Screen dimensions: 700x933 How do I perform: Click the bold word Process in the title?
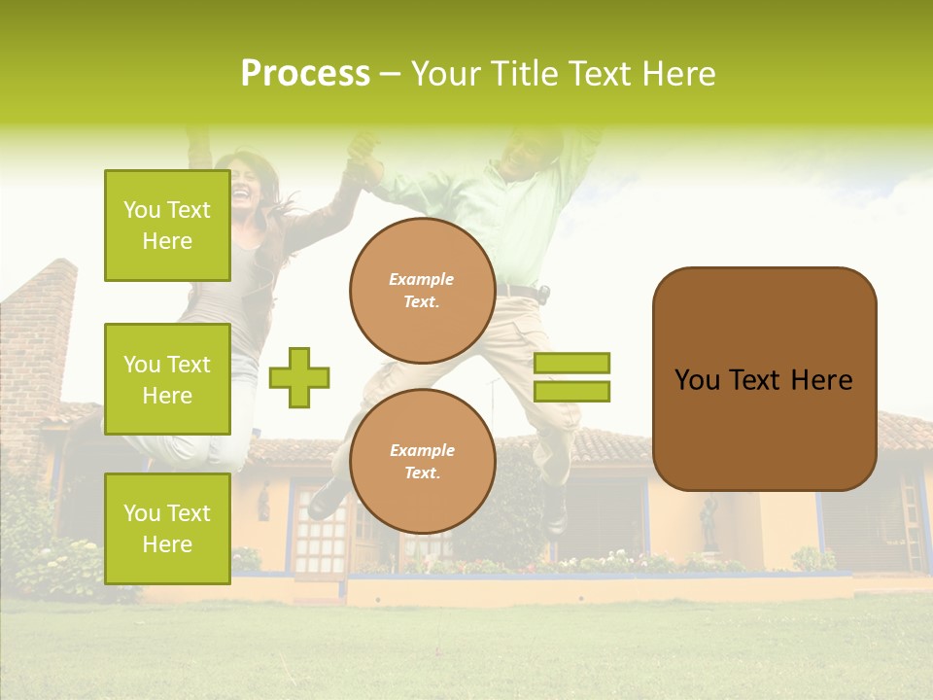[305, 74]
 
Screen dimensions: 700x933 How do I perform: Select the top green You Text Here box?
[167, 226]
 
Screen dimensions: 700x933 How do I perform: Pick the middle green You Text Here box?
[167, 379]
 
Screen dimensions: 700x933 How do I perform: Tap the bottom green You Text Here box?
[167, 528]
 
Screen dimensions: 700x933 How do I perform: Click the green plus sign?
[299, 377]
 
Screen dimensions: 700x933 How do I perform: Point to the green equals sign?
[571, 377]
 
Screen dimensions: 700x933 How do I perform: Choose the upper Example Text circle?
[422, 290]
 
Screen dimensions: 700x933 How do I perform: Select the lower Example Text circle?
[422, 461]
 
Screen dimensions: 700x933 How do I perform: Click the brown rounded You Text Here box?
[764, 379]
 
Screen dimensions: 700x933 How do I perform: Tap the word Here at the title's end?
[679, 74]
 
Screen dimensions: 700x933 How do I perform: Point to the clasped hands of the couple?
[363, 156]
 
